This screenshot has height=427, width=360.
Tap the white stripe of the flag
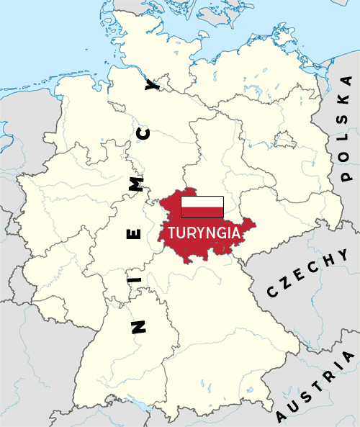point(202,201)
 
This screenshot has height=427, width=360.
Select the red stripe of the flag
point(202,212)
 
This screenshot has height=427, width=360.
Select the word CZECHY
point(307,273)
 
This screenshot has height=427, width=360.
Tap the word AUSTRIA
point(316,386)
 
